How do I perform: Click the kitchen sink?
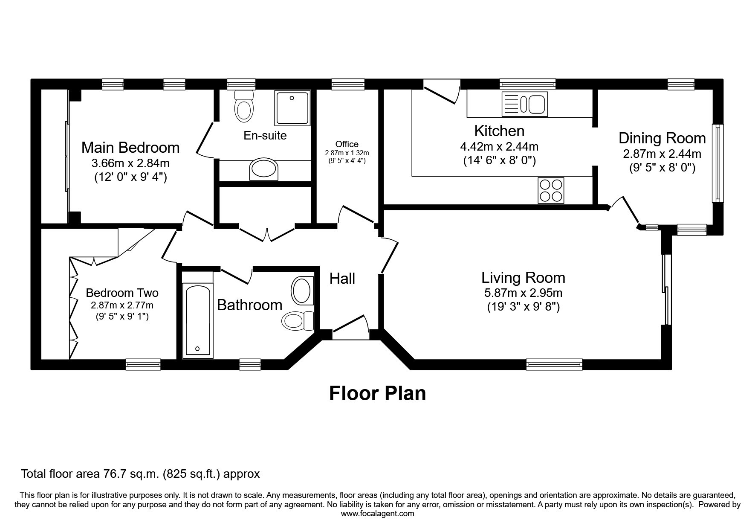click(x=525, y=104)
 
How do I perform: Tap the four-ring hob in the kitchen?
click(x=551, y=190)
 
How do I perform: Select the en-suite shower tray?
click(x=292, y=108)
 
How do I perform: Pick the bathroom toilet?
click(x=298, y=320)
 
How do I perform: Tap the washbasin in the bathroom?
click(x=302, y=291)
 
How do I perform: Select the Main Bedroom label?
click(x=130, y=147)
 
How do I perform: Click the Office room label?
click(x=347, y=144)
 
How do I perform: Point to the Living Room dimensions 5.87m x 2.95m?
click(x=523, y=293)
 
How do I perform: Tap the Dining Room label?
click(x=662, y=138)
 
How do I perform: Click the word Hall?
click(x=342, y=279)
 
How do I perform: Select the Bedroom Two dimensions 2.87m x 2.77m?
click(x=122, y=305)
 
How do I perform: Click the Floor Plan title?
click(x=377, y=393)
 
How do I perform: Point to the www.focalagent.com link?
click(x=377, y=514)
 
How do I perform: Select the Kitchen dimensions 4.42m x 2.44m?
click(x=499, y=147)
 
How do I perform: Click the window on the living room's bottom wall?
click(x=554, y=364)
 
